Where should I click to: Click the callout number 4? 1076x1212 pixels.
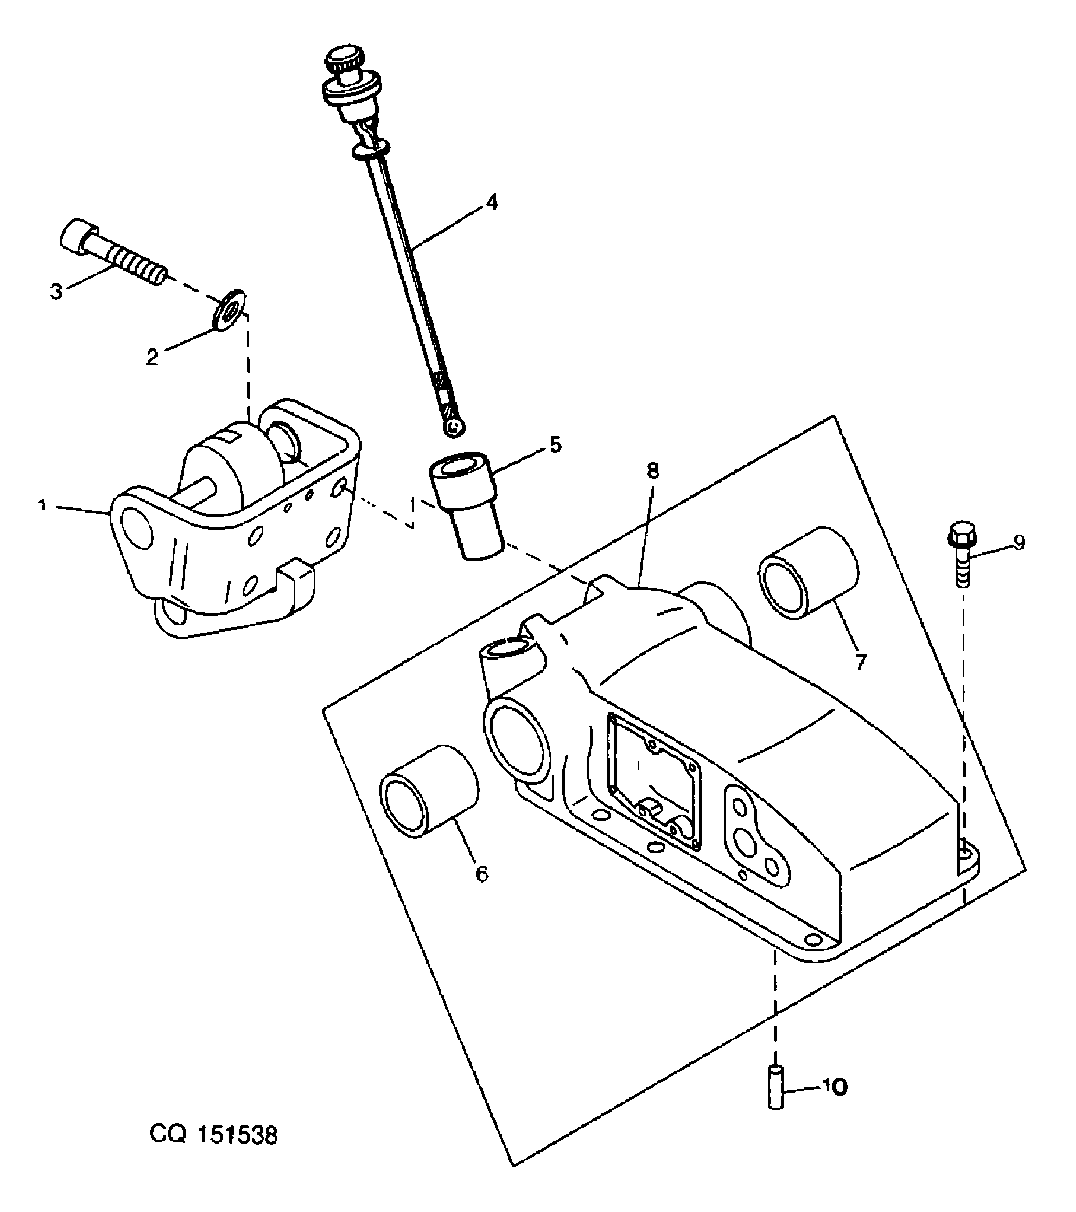[491, 202]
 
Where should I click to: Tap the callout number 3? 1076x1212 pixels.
[56, 292]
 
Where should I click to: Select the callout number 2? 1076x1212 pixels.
[153, 357]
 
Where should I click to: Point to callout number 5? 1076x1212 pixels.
[555, 444]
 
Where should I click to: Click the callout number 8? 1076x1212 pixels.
[652, 471]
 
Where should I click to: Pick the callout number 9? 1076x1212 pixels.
[1018, 542]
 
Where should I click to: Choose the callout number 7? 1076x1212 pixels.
[861, 662]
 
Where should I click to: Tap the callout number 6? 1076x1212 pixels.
[482, 873]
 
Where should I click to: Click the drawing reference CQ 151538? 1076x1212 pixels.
[214, 1135]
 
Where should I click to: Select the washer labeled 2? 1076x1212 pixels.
[230, 309]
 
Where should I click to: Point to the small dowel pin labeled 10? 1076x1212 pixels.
[776, 1087]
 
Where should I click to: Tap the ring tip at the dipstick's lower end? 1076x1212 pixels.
[456, 425]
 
